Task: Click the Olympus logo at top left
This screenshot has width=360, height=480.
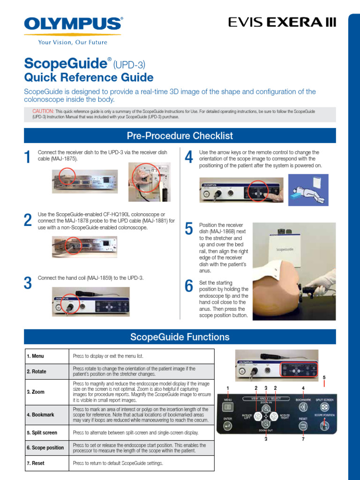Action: click(73, 24)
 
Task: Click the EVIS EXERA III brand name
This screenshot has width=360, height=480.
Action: click(282, 22)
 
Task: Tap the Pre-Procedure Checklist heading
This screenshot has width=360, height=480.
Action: click(180, 136)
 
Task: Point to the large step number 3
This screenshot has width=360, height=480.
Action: click(28, 284)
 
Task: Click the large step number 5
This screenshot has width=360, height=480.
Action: click(189, 229)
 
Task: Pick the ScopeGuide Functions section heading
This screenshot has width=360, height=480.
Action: click(180, 337)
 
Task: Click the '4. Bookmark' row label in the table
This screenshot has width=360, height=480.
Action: click(40, 414)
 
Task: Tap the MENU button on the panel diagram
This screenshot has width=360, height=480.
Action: click(228, 407)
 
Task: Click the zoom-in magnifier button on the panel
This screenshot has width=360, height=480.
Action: click(266, 408)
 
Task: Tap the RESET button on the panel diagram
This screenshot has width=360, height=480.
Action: click(303, 426)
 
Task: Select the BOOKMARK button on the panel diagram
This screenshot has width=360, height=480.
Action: click(303, 406)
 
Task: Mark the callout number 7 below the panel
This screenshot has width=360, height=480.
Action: click(303, 440)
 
